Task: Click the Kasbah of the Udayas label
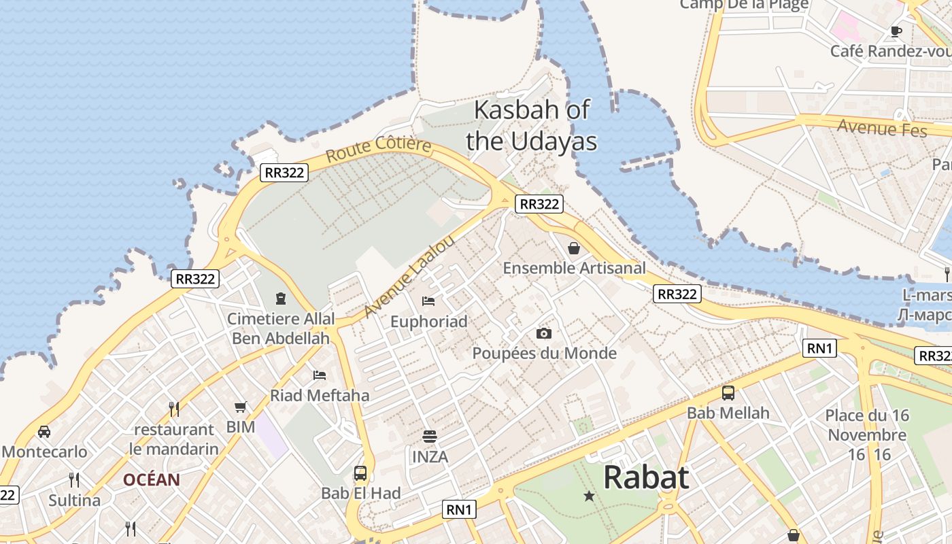[x=531, y=125]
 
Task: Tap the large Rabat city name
[x=645, y=477]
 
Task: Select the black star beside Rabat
[x=589, y=496]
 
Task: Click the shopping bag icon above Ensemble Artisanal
[x=574, y=248]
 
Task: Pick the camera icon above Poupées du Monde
[x=543, y=333]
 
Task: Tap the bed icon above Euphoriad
[x=428, y=301]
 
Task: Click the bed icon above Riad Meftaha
[x=320, y=375]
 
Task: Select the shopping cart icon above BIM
[x=240, y=407]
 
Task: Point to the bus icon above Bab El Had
[x=360, y=473]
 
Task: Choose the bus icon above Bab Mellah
[x=728, y=392]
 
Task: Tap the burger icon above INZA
[x=429, y=436]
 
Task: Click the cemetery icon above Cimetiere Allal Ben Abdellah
[x=280, y=298]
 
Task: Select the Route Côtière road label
[x=378, y=150]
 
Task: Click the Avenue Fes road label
[x=881, y=127]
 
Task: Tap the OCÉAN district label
[x=152, y=480]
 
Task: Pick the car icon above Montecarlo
[x=44, y=432]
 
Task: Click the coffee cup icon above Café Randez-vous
[x=896, y=31]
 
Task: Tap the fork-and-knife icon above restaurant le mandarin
[x=174, y=409]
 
